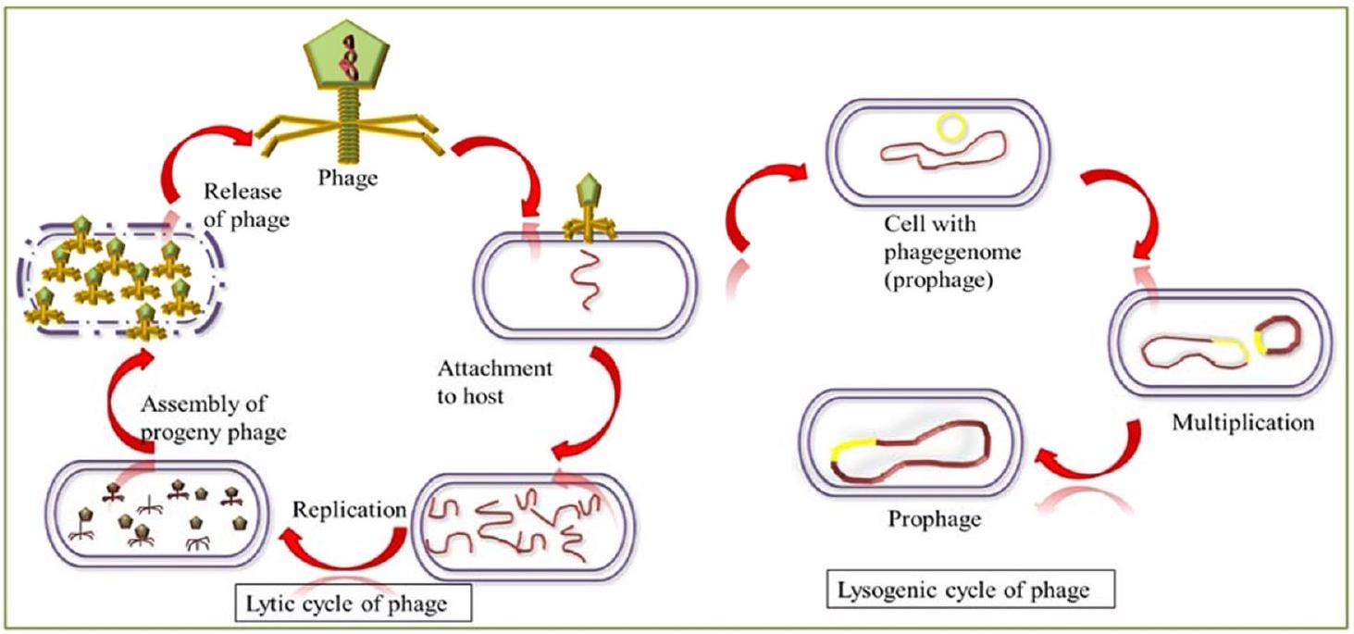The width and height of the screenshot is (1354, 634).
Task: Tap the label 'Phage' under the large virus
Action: (x=347, y=179)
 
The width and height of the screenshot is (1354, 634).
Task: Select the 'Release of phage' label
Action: (x=246, y=205)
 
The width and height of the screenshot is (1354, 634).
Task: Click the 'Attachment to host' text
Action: (x=495, y=381)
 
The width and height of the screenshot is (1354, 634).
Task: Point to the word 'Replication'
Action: (x=350, y=510)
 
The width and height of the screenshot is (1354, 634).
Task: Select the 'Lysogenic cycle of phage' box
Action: (x=969, y=590)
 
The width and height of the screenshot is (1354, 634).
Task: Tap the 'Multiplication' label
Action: (x=1242, y=424)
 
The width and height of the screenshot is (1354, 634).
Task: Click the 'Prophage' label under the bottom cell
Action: (x=934, y=518)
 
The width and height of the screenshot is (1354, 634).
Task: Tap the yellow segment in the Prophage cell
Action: (x=851, y=451)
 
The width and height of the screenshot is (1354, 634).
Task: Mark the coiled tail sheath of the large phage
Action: (x=351, y=129)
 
